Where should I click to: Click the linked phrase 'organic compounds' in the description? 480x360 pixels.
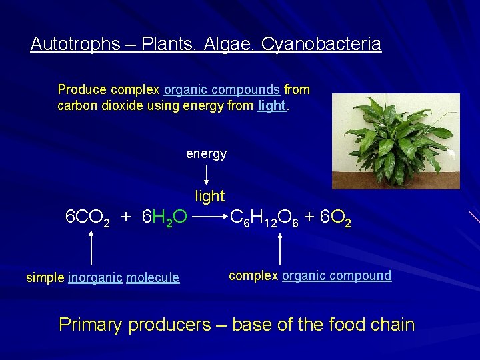pyautogui.click(x=221, y=89)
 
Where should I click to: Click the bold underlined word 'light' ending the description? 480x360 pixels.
pyautogui.click(x=272, y=105)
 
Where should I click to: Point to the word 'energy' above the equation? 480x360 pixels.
pyautogui.click(x=206, y=154)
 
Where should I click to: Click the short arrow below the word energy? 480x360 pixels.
pyautogui.click(x=206, y=174)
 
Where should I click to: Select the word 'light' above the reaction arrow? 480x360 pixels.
pyautogui.click(x=209, y=197)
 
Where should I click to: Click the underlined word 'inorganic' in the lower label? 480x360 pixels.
pyautogui.click(x=95, y=277)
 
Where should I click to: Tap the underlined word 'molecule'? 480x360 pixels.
pyautogui.click(x=153, y=277)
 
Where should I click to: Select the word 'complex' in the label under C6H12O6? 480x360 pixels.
pyautogui.click(x=254, y=275)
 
